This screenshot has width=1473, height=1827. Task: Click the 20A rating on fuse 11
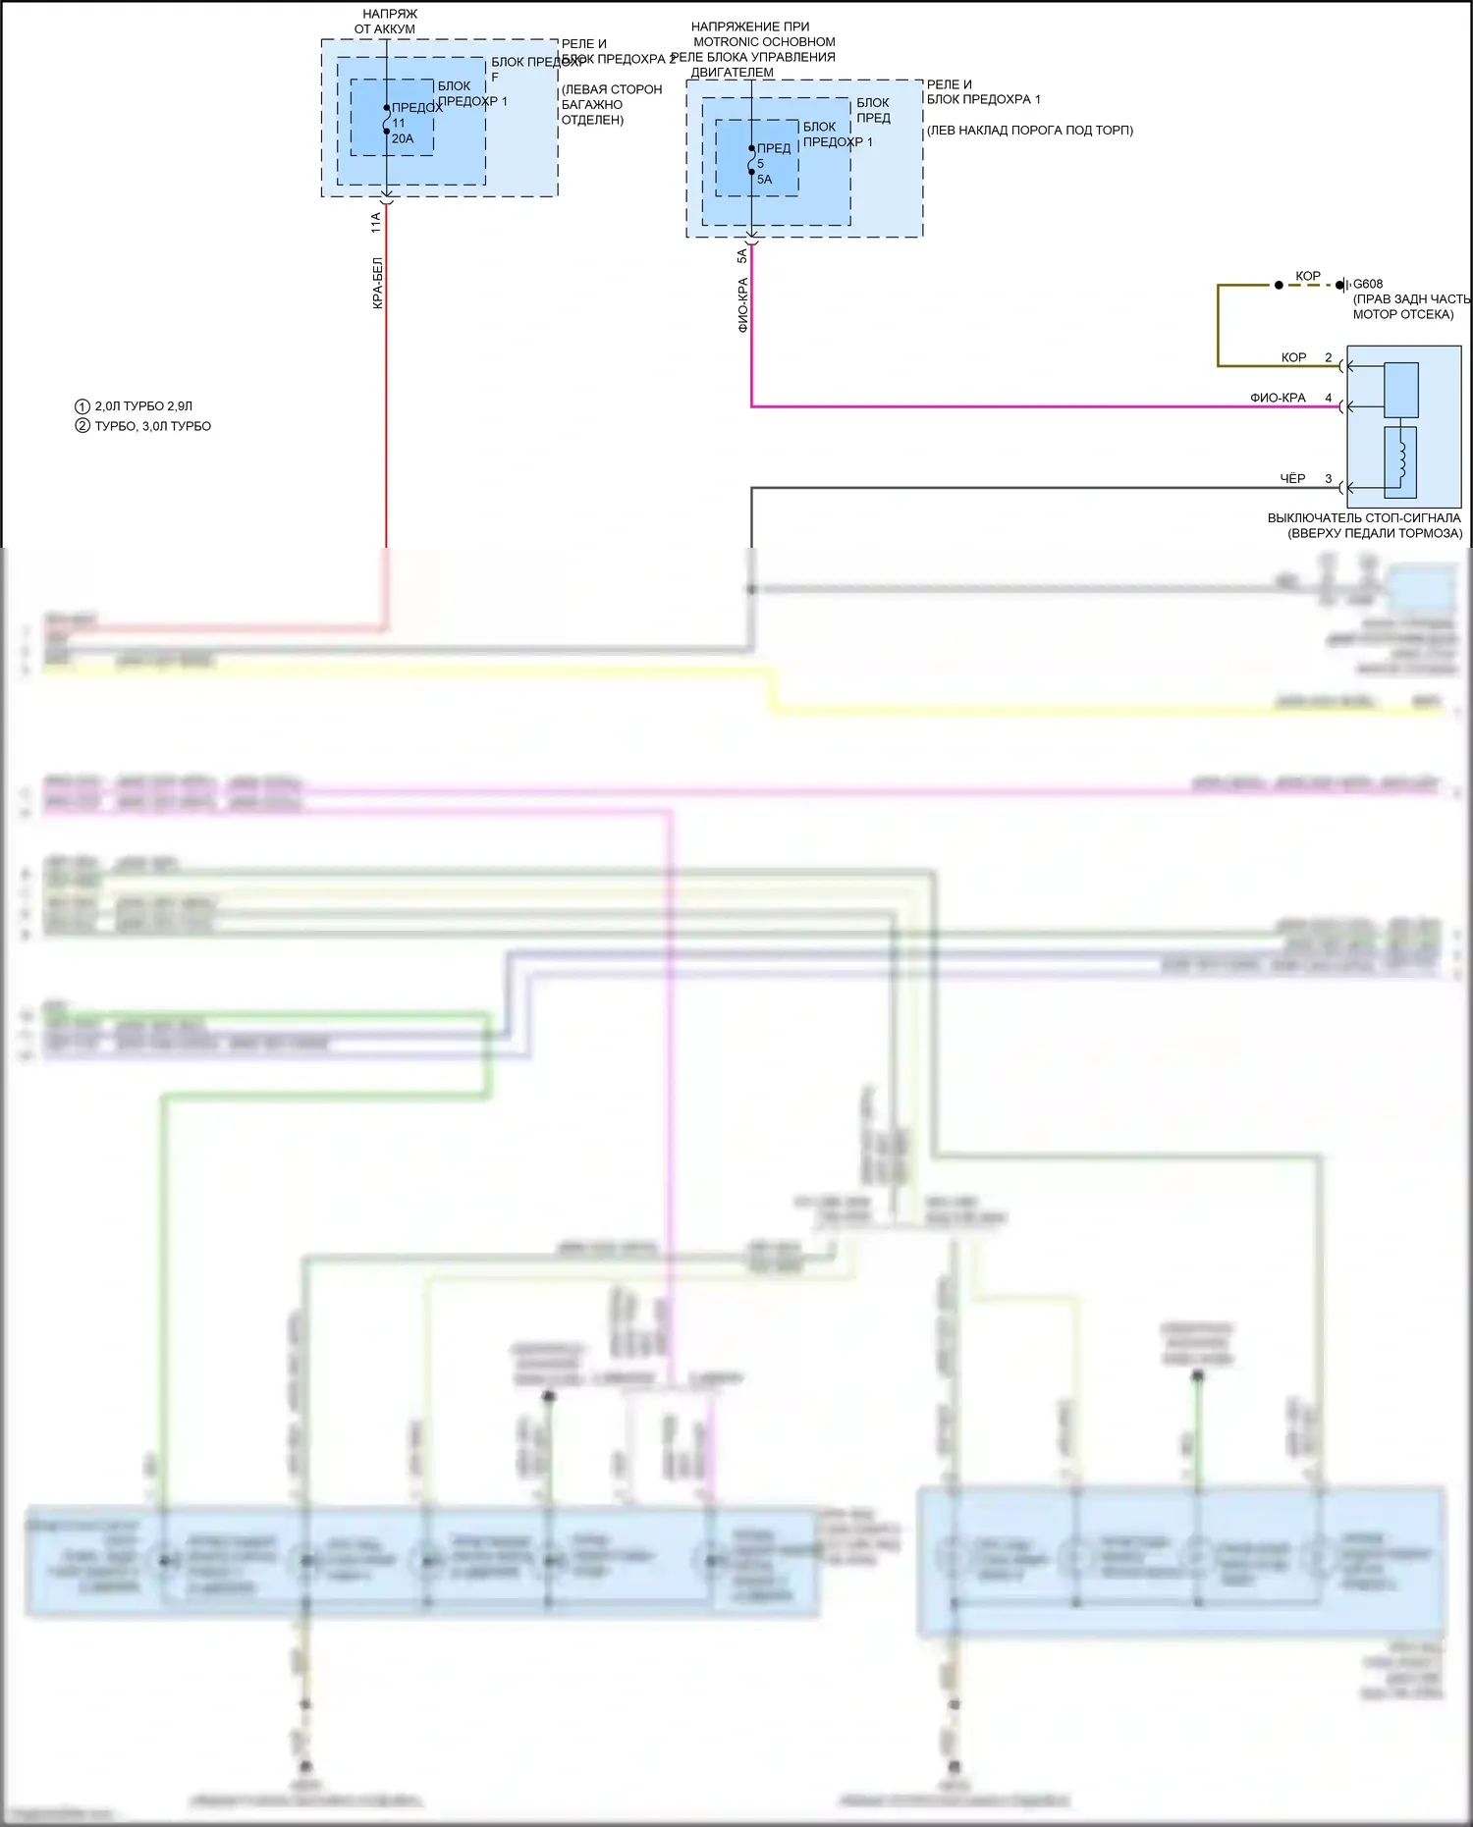[403, 138]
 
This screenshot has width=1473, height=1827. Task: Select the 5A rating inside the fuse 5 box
[764, 180]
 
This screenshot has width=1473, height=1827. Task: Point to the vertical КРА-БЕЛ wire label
[377, 284]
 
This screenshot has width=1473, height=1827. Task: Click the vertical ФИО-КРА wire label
[742, 304]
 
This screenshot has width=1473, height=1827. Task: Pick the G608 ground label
[1368, 285]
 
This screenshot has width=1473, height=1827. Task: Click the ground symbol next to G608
[1343, 285]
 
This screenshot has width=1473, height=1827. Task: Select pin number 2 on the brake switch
[1329, 357]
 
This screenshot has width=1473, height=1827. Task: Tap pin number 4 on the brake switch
[1329, 398]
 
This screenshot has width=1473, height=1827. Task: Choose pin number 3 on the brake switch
[1329, 479]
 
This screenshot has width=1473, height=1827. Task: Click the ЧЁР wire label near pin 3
[1292, 479]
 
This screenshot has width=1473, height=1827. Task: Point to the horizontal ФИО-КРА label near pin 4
[1278, 398]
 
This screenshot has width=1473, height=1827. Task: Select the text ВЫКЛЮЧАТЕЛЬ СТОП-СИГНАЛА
[1363, 517]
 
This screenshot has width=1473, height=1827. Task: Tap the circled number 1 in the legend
[82, 406]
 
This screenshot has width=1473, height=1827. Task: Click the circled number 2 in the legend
[82, 426]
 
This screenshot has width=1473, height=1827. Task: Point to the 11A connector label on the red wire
[376, 223]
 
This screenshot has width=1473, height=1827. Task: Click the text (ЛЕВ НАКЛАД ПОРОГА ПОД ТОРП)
[1029, 130]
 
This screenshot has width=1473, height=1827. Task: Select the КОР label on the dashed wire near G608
[1308, 276]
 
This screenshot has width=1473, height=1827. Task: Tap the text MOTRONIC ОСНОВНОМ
[764, 42]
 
